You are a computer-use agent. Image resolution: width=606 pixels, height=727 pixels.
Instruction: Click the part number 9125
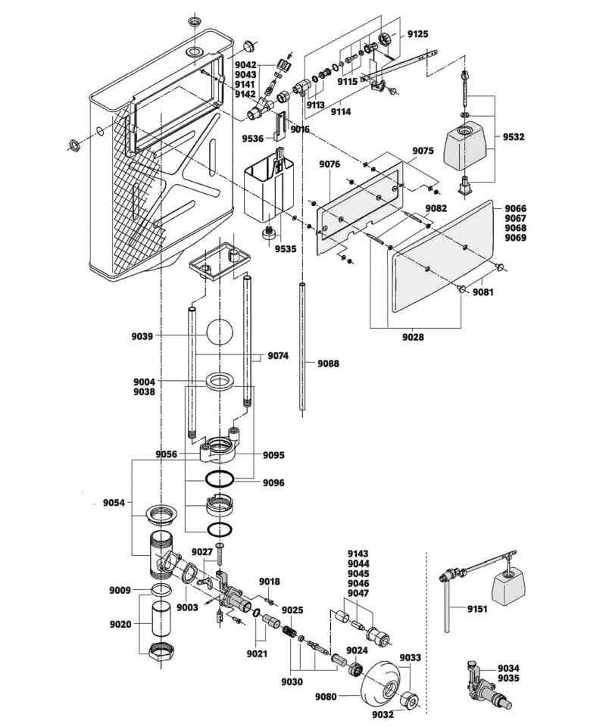click(417, 34)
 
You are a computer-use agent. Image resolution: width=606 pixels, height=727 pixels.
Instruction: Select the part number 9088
click(329, 363)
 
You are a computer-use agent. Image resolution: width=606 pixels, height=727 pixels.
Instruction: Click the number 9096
click(274, 482)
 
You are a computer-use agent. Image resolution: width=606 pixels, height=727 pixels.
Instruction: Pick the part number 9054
click(116, 503)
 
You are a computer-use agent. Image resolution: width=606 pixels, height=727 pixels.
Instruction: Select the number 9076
click(330, 164)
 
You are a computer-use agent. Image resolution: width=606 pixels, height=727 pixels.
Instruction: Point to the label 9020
click(120, 624)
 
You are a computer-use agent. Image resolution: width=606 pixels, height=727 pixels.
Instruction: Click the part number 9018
click(270, 582)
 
